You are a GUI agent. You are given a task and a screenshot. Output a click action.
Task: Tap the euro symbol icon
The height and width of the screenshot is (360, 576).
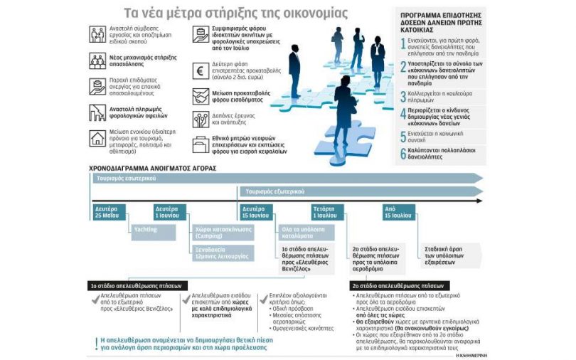(x=201, y=71)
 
